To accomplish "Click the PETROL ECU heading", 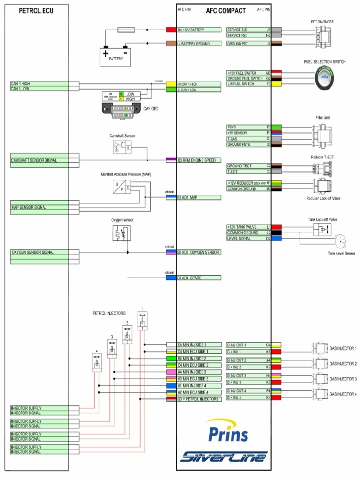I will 36,11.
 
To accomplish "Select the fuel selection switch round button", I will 325,78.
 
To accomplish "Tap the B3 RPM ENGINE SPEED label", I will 198,160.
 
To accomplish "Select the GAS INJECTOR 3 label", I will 343,379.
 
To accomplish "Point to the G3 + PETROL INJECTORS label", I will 198,399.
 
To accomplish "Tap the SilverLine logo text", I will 224,456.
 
